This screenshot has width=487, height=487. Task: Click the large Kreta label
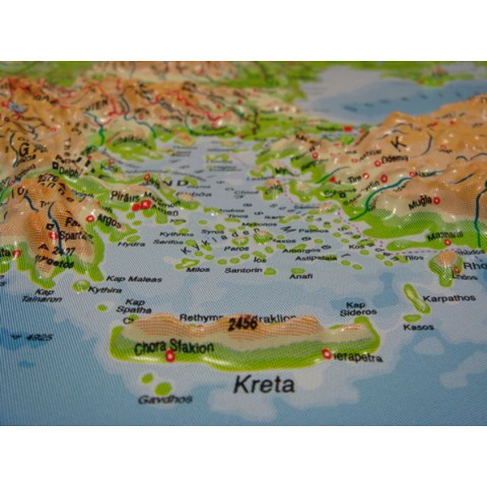(x=263, y=384)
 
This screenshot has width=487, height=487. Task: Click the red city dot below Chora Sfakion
(x=170, y=356)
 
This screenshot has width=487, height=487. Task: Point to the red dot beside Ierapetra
(x=326, y=354)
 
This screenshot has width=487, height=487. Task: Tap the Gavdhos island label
(x=164, y=399)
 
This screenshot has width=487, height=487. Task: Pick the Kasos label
(x=418, y=327)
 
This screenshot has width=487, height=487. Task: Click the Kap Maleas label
(x=134, y=278)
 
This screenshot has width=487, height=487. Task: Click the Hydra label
(x=131, y=243)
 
